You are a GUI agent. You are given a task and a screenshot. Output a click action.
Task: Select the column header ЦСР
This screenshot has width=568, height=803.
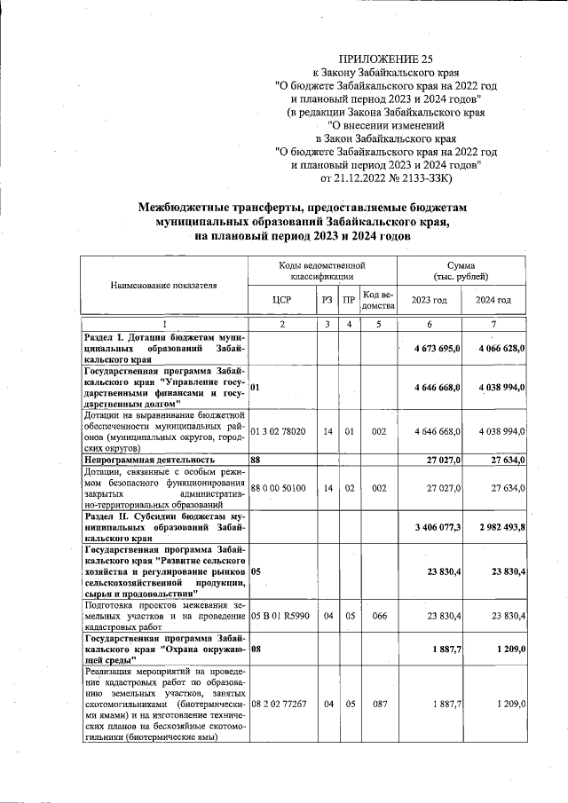click(282, 300)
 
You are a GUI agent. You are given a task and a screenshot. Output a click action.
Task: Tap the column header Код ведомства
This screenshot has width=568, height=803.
click(378, 300)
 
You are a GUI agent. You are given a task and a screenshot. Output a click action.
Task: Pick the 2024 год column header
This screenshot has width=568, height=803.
click(493, 300)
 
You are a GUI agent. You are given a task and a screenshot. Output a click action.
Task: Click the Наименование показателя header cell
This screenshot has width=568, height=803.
click(164, 286)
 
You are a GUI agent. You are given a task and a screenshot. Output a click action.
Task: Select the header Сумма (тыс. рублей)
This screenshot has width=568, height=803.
click(461, 271)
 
